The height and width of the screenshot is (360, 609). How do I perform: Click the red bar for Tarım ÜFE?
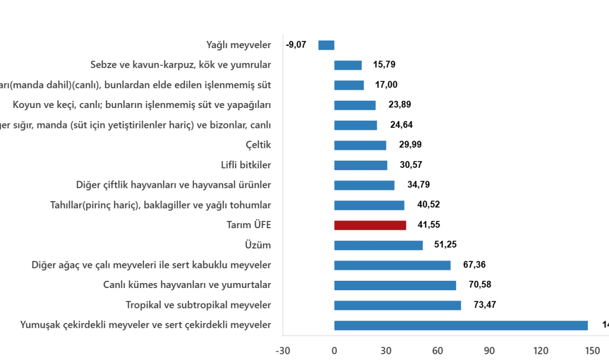click(370, 225)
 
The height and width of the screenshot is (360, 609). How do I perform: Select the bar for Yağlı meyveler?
click(327, 45)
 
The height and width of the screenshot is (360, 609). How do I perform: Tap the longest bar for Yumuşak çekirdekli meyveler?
click(461, 325)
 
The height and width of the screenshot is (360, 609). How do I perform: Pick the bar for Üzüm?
click(378, 245)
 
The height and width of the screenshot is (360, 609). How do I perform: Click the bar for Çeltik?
click(360, 146)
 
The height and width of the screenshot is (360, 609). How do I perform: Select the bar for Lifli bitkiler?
click(360, 166)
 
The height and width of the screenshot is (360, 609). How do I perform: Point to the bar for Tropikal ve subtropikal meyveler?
click(398, 305)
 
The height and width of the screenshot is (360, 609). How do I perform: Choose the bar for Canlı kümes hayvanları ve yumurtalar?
click(395, 285)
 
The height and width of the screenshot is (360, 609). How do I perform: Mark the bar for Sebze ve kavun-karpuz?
click(348, 65)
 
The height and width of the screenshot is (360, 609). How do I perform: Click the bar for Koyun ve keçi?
click(355, 105)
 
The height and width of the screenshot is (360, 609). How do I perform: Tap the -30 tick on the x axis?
click(283, 351)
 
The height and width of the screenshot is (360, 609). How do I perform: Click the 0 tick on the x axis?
click(334, 351)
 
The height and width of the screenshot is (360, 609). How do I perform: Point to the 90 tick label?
click(489, 351)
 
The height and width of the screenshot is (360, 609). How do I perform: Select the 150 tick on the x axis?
click(592, 351)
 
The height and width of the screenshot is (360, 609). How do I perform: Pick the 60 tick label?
click(437, 351)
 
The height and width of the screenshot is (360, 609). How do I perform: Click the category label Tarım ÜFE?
click(249, 225)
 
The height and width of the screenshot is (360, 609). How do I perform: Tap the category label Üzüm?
click(257, 245)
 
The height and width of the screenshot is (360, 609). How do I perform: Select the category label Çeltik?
click(258, 146)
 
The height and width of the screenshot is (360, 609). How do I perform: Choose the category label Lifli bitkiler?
click(246, 166)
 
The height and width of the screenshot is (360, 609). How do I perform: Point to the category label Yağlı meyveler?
click(238, 45)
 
